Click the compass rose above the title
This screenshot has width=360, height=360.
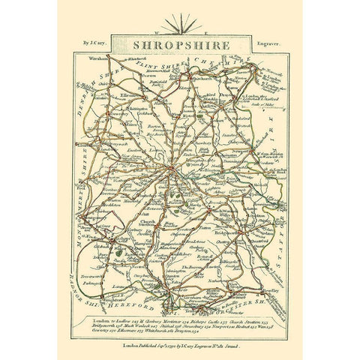coord(179,24)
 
